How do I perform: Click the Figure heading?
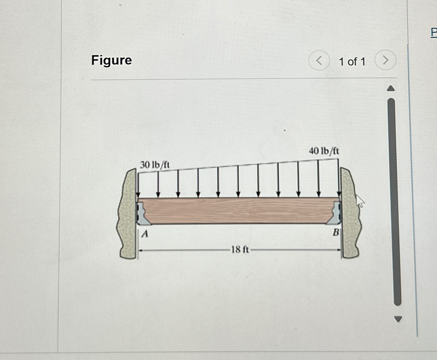click(112, 60)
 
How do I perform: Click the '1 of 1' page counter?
click(352, 62)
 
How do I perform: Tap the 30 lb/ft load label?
click(154, 165)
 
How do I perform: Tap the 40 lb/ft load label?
click(324, 151)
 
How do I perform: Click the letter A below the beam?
click(145, 233)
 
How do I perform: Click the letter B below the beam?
click(336, 232)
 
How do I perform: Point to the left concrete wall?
click(127, 215)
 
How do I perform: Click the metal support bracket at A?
click(142, 214)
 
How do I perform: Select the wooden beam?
click(238, 210)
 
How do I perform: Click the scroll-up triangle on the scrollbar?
click(391, 89)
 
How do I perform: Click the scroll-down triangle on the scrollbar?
click(398, 319)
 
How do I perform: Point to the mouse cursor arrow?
click(359, 201)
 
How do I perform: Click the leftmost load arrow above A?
click(138, 184)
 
